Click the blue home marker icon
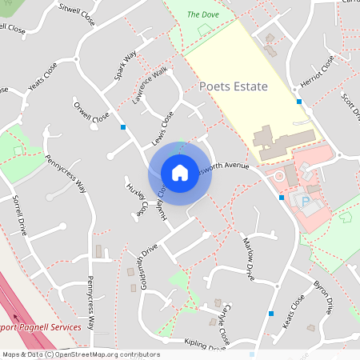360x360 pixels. pyautogui.click(x=180, y=172)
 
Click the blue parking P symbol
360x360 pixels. pyautogui.click(x=304, y=200)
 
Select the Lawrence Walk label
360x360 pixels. pyautogui.click(x=150, y=85)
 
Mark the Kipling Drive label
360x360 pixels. pyautogui.click(x=205, y=344)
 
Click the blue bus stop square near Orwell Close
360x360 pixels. pyautogui.click(x=123, y=127)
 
